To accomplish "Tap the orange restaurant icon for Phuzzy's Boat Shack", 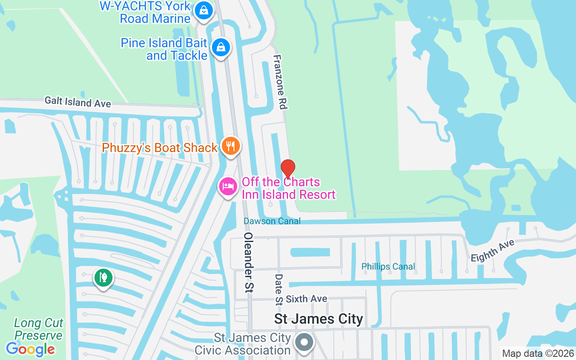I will pos(230,146).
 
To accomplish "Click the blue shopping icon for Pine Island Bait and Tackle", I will pos(220,47).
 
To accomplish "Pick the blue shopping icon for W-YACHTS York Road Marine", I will pos(204,11).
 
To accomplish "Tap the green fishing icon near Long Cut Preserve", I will pos(103,277).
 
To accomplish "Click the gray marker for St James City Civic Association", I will pos(305,342).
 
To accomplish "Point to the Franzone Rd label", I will pos(280,82).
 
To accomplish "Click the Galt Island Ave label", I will pos(77,102).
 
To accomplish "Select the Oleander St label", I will pos(248,262).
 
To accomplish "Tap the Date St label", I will pos(279,289).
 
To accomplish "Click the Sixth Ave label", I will pos(306,299).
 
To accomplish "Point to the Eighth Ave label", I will pos(492,251).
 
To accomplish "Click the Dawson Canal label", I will pos(272,221).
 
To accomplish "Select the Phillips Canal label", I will pos(388,267).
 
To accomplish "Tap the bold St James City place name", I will pos(319,319).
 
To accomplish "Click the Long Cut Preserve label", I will pos(38,329).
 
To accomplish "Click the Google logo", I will pos(31,349).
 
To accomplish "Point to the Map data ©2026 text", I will pos(538,353).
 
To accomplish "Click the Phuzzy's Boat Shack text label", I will pos(160,148).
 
